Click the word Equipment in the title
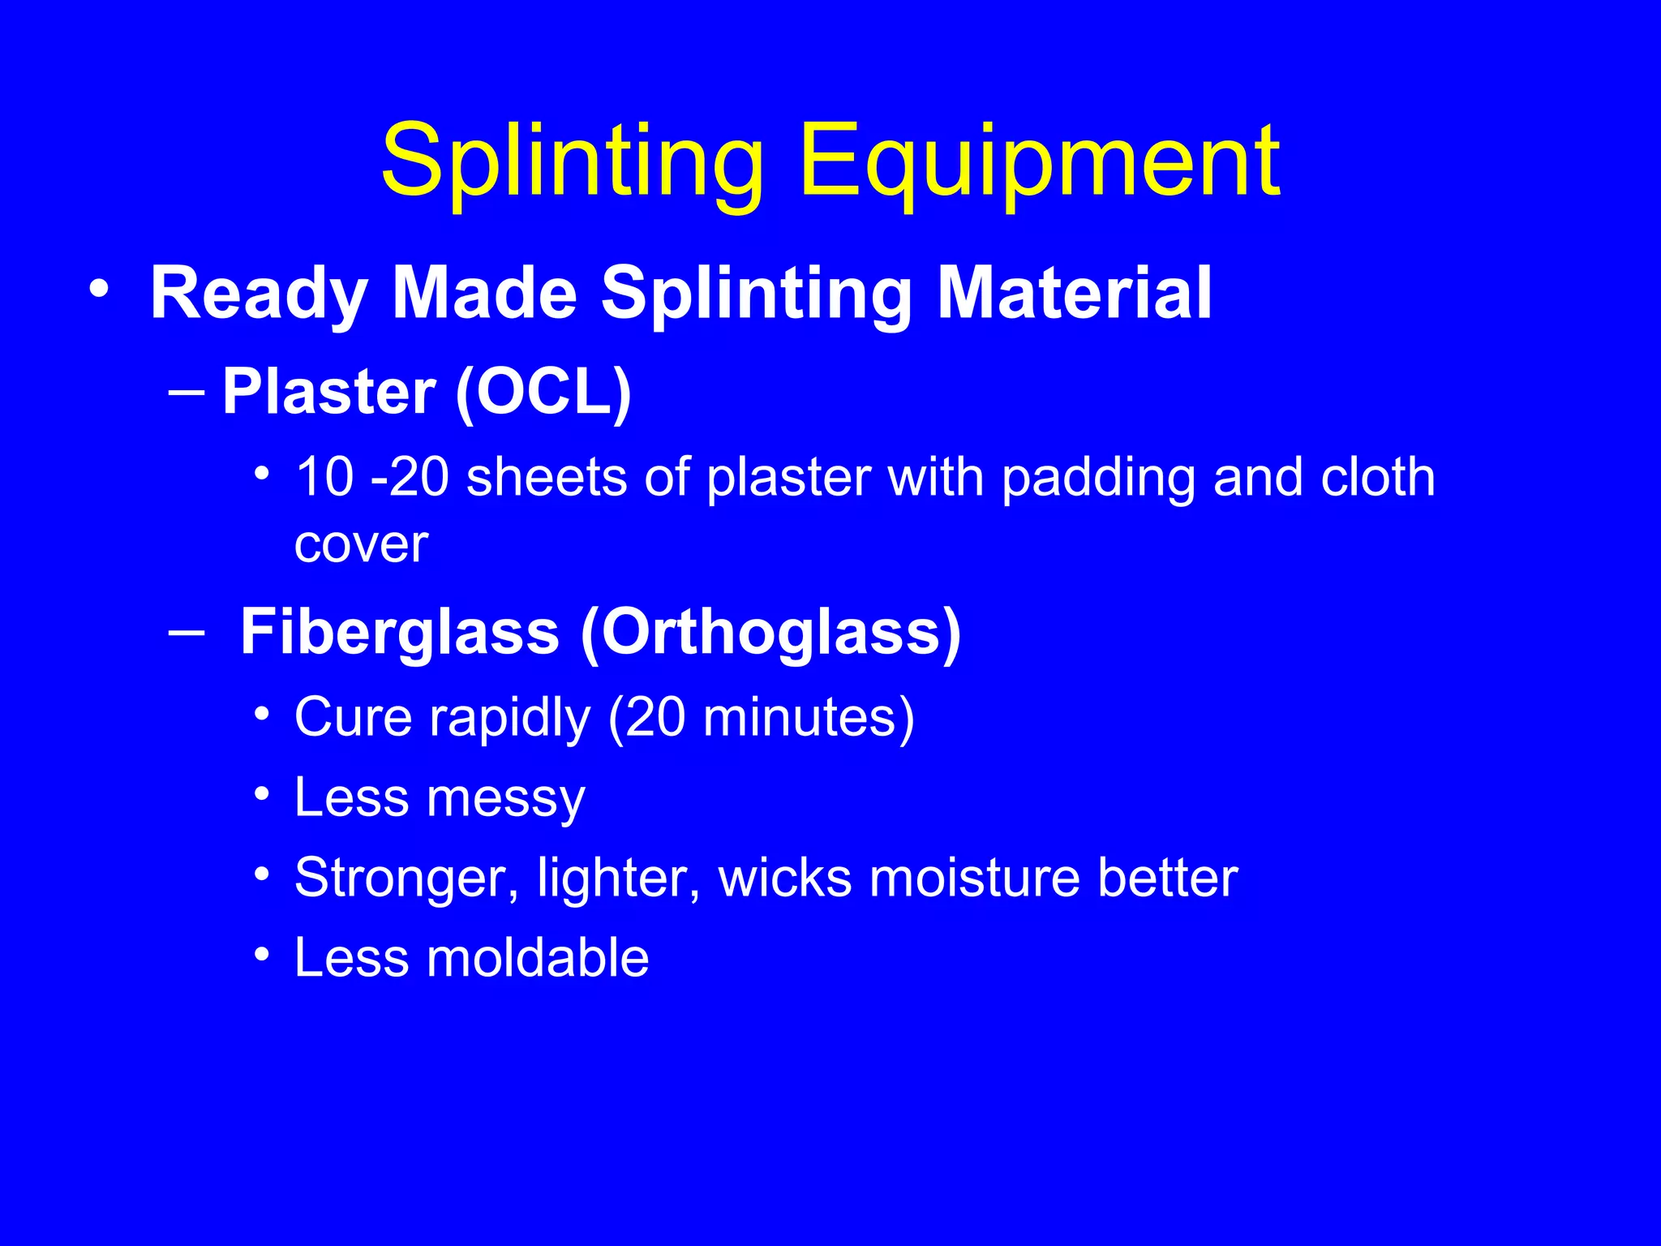(x=1039, y=162)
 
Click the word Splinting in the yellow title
(x=573, y=162)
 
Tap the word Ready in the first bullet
(x=259, y=295)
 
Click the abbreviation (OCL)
(x=543, y=393)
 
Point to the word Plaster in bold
(x=329, y=393)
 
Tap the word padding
(x=1098, y=479)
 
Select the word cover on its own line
(x=361, y=545)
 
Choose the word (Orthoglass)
(x=770, y=634)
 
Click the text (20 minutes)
(x=761, y=718)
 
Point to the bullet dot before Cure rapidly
(x=261, y=715)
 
